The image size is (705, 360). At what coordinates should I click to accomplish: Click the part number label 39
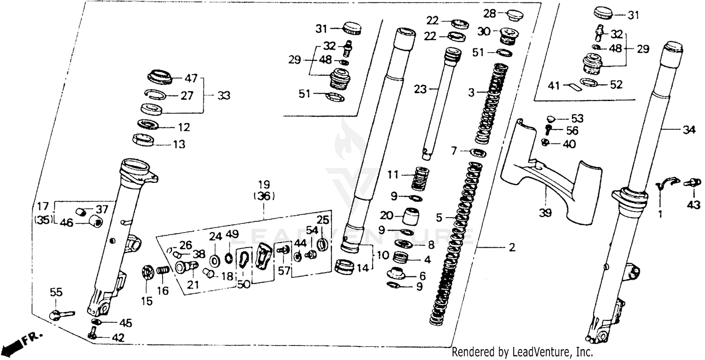coord(545,213)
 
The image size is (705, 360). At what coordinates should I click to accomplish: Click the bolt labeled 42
coord(92,335)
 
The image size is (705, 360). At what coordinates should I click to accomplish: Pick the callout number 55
coord(56,293)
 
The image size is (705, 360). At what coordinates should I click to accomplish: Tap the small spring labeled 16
coord(162,272)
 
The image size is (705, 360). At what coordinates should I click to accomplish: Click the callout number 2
coord(511,247)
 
